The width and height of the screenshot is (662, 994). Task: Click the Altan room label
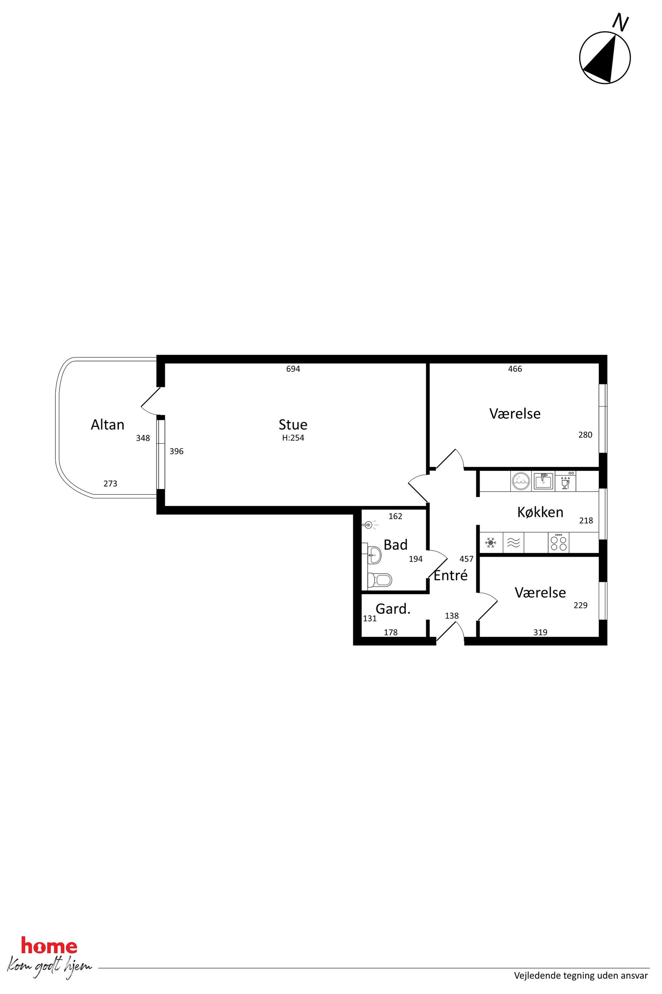coord(108,425)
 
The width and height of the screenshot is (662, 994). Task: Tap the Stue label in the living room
coord(293,425)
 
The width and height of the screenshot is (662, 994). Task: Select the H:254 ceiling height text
coord(293,438)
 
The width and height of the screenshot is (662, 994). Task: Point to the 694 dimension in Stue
coord(293,369)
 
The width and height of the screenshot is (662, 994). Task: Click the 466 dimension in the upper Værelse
coord(515,369)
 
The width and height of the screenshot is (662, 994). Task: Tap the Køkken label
coord(541,512)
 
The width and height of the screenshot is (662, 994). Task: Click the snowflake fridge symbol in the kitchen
coord(490,543)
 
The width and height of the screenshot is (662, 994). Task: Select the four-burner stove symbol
coord(559,543)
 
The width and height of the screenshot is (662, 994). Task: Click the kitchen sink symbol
coord(543,481)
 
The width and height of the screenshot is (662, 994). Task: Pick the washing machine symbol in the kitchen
coord(521,481)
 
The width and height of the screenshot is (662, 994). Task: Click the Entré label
coord(451,575)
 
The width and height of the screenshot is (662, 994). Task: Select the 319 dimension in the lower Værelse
coord(541,632)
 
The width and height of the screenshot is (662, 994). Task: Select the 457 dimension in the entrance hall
coord(466,559)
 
